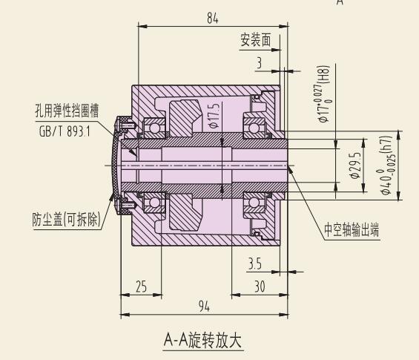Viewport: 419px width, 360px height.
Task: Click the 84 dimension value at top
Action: coord(213,19)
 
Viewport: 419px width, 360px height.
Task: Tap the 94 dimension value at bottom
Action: coord(204,306)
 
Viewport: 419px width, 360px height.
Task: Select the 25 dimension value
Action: coord(141,287)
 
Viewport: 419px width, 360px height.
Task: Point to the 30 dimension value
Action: coord(260,287)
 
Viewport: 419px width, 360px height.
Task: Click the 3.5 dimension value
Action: coord(255,264)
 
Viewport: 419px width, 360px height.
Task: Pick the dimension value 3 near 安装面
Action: coord(260,63)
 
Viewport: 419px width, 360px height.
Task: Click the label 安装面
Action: coord(256,40)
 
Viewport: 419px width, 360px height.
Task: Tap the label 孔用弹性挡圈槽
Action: coord(67,111)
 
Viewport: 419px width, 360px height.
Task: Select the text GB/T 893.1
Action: coord(65,131)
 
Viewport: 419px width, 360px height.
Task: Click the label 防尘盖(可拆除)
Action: coord(67,220)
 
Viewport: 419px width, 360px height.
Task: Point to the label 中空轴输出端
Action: coord(352,229)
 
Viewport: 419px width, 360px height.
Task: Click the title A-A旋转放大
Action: coord(202,340)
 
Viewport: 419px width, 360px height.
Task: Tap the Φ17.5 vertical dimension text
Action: coord(214,116)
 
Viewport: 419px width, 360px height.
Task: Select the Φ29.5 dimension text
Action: coord(356,166)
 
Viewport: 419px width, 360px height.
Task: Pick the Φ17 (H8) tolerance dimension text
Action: coord(323,94)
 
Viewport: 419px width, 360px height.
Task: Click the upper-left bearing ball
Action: coord(154,128)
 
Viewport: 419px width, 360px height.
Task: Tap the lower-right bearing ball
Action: coord(254,202)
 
